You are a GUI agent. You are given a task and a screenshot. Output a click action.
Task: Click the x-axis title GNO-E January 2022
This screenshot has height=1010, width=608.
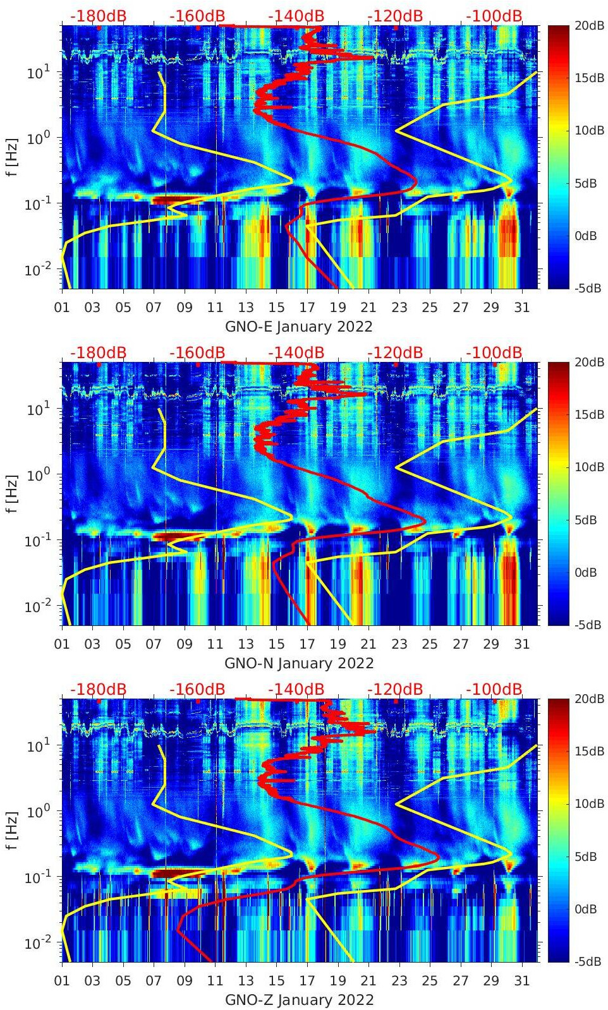click(x=299, y=327)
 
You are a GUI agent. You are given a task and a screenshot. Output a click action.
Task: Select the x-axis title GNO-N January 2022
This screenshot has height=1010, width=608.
click(x=299, y=663)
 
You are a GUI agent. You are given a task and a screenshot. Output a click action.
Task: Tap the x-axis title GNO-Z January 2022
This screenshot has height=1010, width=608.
click(x=299, y=1000)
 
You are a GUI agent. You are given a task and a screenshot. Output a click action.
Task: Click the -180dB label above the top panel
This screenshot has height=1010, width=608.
click(x=98, y=16)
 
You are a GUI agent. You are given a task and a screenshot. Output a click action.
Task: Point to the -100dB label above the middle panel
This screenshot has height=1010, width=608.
click(x=494, y=352)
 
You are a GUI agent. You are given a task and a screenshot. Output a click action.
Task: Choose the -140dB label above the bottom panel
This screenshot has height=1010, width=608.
click(x=296, y=689)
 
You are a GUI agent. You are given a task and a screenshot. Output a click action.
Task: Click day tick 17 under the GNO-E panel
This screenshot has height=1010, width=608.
click(x=307, y=308)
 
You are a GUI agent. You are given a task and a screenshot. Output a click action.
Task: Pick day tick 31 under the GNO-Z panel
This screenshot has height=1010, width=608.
click(x=521, y=981)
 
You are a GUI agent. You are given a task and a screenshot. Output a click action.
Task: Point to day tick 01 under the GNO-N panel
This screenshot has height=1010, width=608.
click(x=62, y=644)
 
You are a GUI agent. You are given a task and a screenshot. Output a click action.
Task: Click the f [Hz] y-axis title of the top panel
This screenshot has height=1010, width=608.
click(x=12, y=157)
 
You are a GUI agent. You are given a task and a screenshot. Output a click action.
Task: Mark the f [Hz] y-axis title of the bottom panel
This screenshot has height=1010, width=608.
click(x=12, y=830)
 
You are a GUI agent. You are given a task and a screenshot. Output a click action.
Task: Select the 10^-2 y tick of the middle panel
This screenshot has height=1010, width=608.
click(x=37, y=606)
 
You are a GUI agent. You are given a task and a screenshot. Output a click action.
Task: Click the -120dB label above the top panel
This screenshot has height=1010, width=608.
click(x=395, y=16)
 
